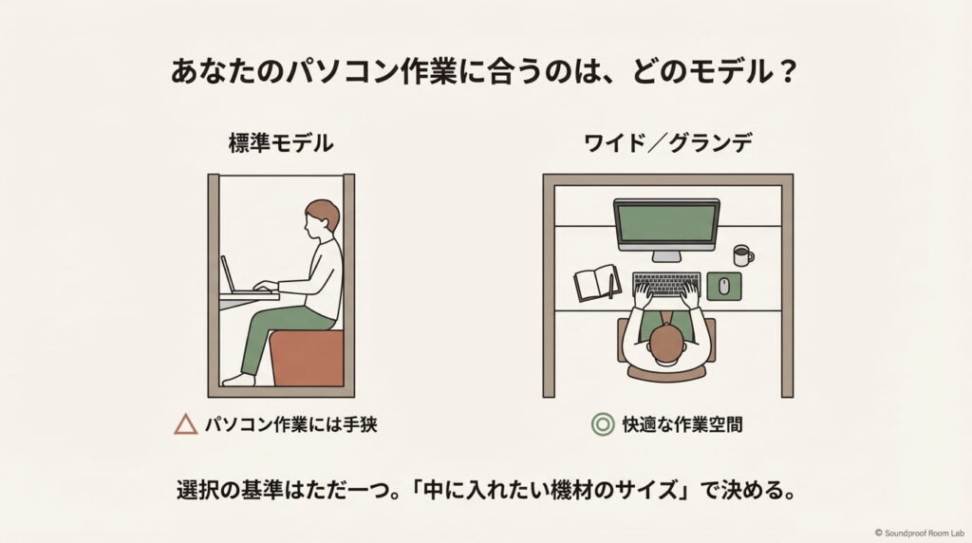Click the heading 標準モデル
click(x=280, y=144)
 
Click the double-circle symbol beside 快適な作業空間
click(x=601, y=424)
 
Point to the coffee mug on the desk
click(x=743, y=254)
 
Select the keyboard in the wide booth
click(x=666, y=283)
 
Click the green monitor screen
click(x=666, y=223)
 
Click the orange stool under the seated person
click(x=306, y=358)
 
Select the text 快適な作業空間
click(x=682, y=424)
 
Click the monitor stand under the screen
click(x=666, y=254)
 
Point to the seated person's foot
click(x=238, y=380)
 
